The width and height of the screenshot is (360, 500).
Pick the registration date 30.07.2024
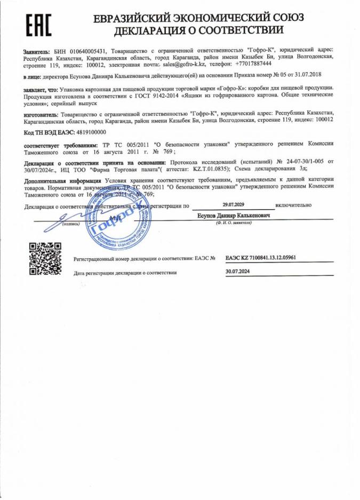(237, 271)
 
